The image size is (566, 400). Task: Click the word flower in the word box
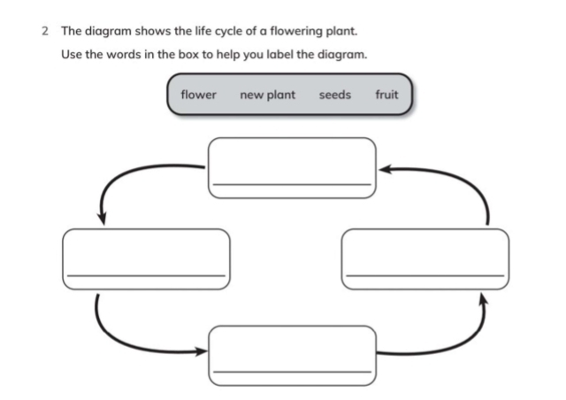pyautogui.click(x=198, y=95)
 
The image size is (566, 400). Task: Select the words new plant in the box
pyautogui.click(x=268, y=95)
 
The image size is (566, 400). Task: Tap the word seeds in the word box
pyautogui.click(x=335, y=95)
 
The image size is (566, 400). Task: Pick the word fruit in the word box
pyautogui.click(x=386, y=95)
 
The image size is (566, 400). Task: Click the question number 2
pyautogui.click(x=43, y=31)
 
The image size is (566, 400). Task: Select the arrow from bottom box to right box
pyautogui.click(x=460, y=336)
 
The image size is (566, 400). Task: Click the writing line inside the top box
pyautogui.click(x=292, y=184)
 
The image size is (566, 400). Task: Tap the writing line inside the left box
pyautogui.click(x=146, y=275)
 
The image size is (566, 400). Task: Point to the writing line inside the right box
pyautogui.click(x=424, y=275)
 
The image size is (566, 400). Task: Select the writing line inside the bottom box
pyautogui.click(x=292, y=372)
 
